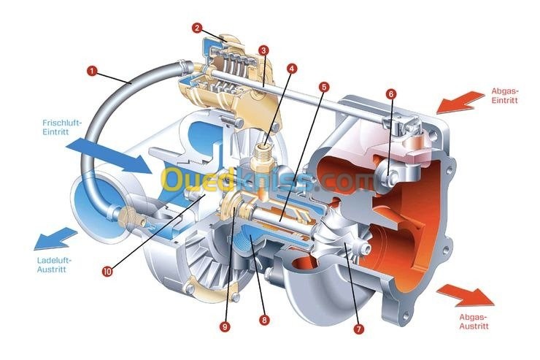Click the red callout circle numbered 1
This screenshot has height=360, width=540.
tap(92, 72)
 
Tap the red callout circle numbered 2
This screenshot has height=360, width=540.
tap(197, 28)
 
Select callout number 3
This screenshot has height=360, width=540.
tap(263, 50)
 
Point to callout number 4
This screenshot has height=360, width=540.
tap(292, 69)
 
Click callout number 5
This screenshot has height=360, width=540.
tap(324, 87)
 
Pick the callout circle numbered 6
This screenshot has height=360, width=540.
tap(391, 93)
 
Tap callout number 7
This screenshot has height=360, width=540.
tap(358, 329)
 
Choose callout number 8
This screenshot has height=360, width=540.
tap(264, 321)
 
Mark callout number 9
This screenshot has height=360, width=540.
tap(225, 326)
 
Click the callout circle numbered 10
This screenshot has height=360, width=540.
tap(107, 272)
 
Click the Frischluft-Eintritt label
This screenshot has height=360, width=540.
tap(61, 127)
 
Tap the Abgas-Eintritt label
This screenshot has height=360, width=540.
tap(504, 96)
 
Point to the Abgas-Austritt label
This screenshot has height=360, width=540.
tap(474, 322)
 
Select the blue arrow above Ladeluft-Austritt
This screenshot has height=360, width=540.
tap(55, 238)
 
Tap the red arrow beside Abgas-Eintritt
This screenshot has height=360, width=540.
tap(461, 102)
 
